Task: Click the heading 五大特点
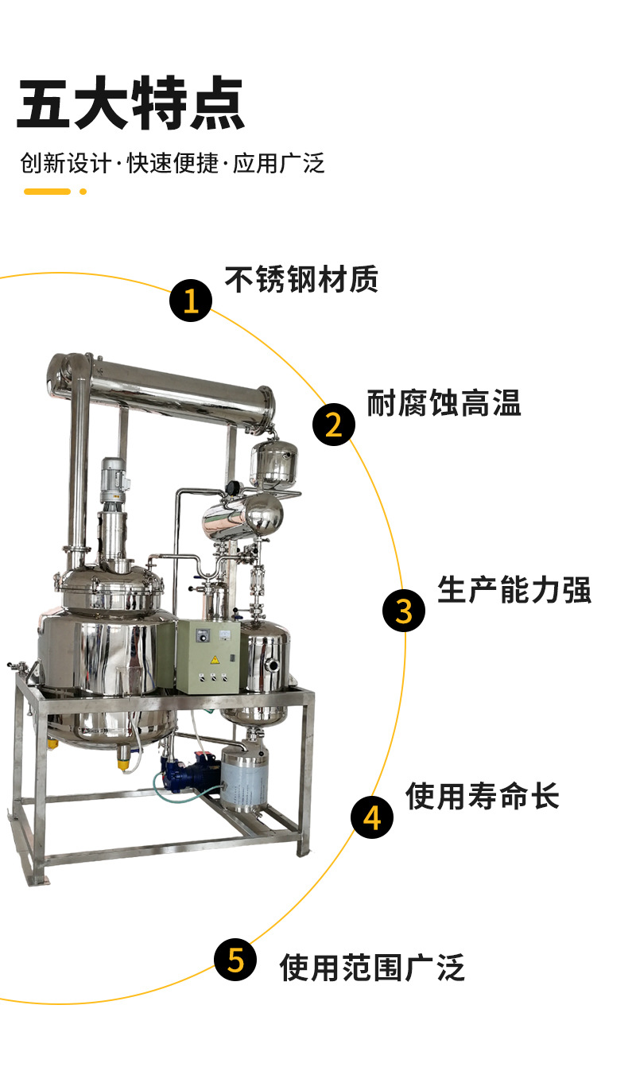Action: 130,103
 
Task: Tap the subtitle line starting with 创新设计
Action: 173,163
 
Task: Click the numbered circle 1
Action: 191,301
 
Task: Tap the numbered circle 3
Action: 404,611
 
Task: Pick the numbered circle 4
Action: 373,817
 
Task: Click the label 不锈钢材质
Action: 301,280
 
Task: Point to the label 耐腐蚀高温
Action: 444,403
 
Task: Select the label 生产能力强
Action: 514,590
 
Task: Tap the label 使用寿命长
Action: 483,795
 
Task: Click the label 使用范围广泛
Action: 372,968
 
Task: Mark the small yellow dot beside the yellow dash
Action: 83,192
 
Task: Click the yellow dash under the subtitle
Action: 47,192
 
